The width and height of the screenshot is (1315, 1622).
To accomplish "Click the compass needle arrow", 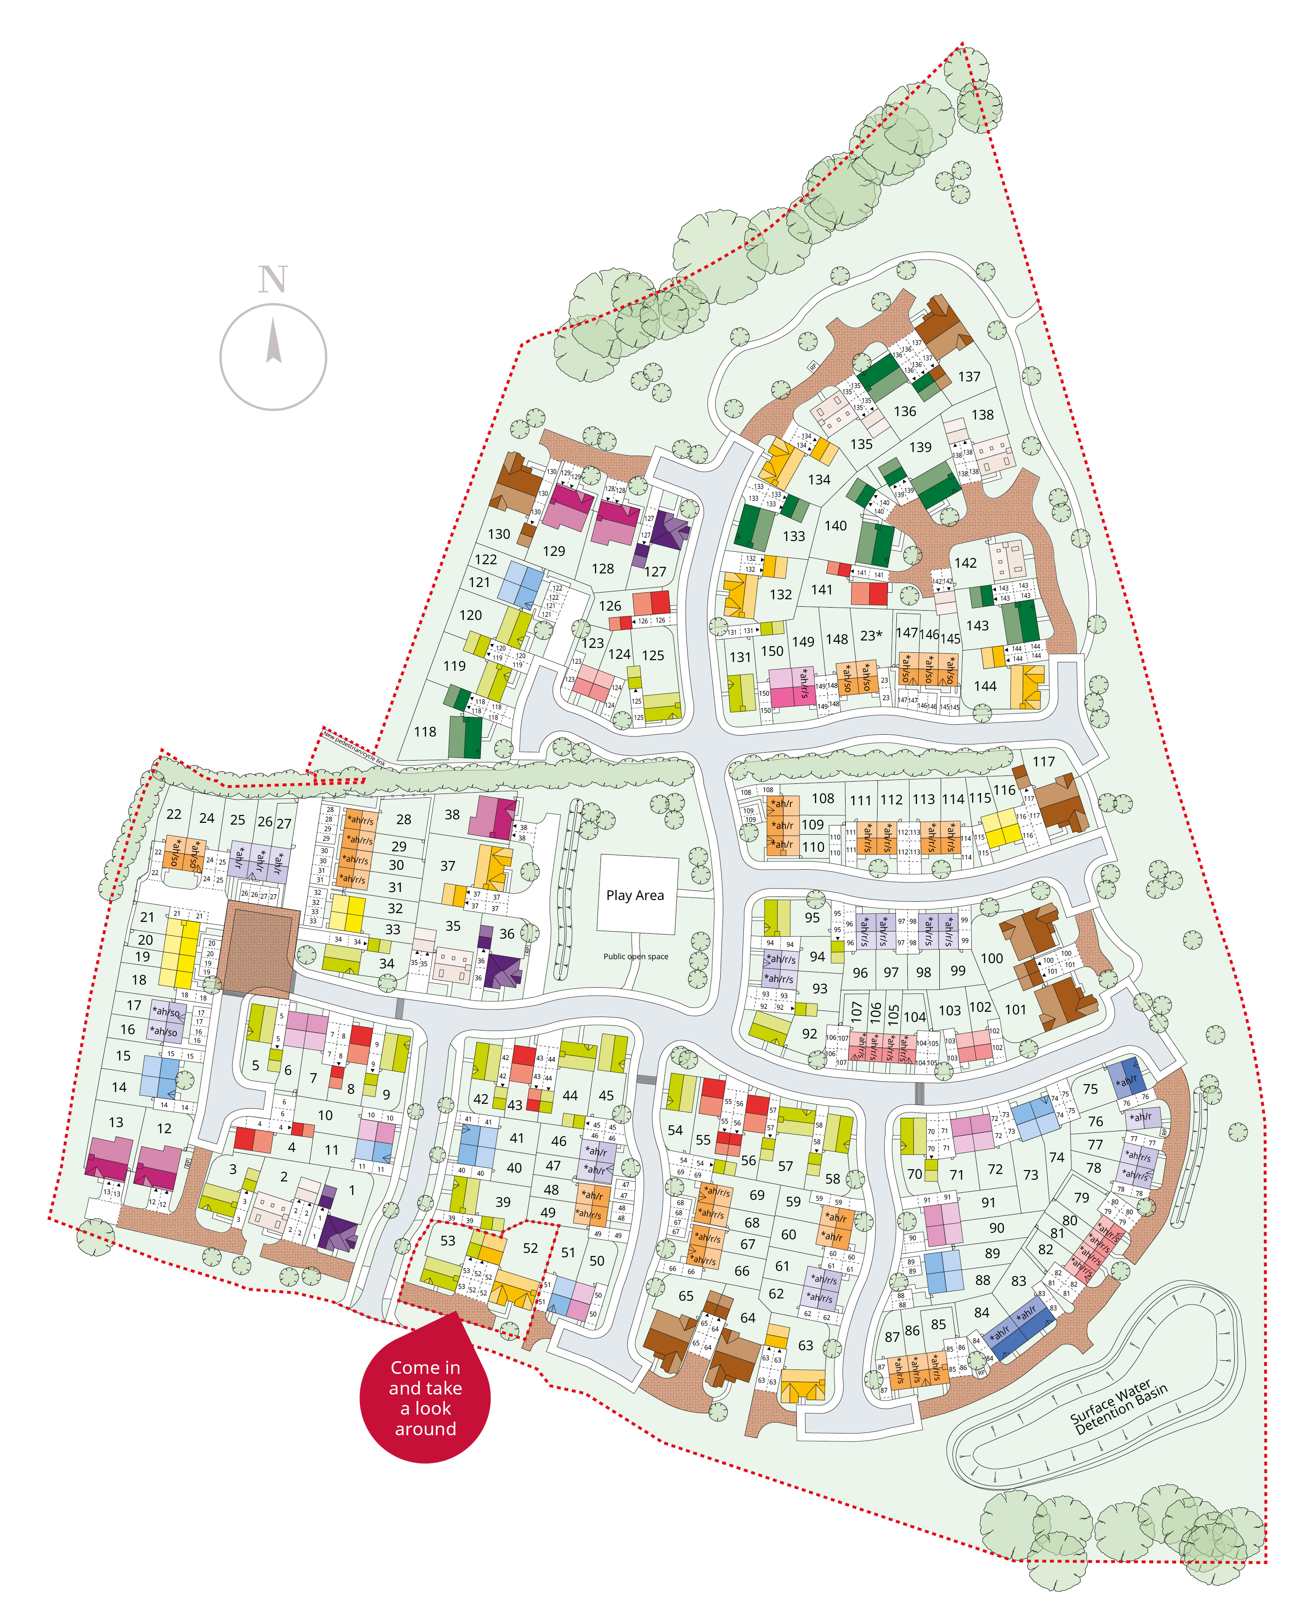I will tap(274, 341).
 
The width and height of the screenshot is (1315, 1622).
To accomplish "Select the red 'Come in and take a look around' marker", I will tap(425, 1398).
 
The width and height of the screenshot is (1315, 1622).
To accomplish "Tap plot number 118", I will tap(425, 732).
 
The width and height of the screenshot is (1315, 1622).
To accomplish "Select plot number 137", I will tap(969, 377).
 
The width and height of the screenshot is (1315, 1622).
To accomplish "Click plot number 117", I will tap(1043, 761).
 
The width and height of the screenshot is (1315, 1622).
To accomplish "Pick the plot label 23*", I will tap(871, 636).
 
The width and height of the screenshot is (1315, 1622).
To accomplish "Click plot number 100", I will tap(992, 958).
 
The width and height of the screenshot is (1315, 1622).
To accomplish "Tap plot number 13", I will tap(116, 1122).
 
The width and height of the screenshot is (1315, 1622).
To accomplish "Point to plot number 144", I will tap(985, 687).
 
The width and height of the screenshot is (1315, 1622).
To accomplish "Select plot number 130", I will tap(498, 534).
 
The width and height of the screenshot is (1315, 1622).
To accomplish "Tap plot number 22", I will tap(174, 815).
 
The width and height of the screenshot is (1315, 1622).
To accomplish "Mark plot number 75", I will tap(1090, 1088).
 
